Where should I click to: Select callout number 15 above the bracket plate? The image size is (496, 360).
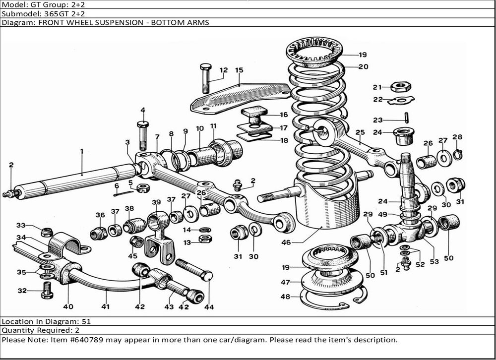pyautogui.click(x=239, y=70)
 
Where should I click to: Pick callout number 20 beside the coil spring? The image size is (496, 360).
pyautogui.click(x=363, y=66)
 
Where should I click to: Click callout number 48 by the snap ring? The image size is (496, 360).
pyautogui.click(x=286, y=297)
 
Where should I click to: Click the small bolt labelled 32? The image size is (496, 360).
pyautogui.click(x=48, y=290)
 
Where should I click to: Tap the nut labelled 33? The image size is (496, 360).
pyautogui.click(x=46, y=232)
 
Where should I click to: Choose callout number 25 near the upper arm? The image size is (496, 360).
pyautogui.click(x=360, y=132)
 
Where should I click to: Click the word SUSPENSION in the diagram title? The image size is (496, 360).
pyautogui.click(x=130, y=23)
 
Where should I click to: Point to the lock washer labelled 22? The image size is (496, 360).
pyautogui.click(x=402, y=100)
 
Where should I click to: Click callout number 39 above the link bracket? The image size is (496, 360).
pyautogui.click(x=156, y=202)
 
